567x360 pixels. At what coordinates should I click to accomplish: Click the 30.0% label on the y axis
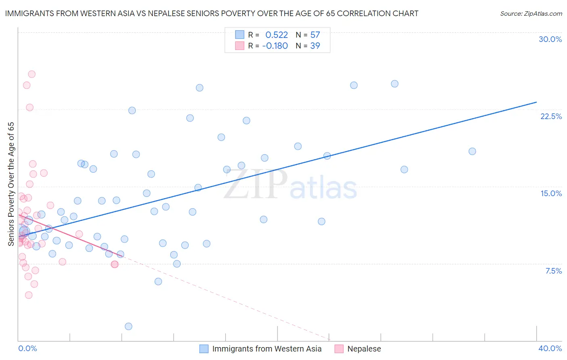(x=550, y=39)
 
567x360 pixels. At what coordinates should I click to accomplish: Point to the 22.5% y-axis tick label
(x=551, y=116)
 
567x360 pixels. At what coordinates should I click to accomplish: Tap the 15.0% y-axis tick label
(x=551, y=193)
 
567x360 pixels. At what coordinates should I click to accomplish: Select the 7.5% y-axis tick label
(x=553, y=271)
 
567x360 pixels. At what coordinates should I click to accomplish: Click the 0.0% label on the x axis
(x=27, y=348)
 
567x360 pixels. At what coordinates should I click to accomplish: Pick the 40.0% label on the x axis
(x=550, y=348)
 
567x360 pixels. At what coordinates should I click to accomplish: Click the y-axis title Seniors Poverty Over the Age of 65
(x=11, y=184)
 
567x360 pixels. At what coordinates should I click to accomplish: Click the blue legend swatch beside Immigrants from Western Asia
(x=204, y=349)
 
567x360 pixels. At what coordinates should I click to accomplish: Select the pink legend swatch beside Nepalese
(x=339, y=349)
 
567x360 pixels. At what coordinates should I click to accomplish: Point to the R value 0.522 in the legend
(x=276, y=35)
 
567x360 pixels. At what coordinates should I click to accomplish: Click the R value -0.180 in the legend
(x=275, y=46)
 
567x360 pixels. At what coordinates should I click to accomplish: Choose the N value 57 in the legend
(x=315, y=35)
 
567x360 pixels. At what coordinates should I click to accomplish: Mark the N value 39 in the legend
(x=315, y=46)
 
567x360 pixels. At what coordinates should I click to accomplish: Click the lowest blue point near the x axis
(x=128, y=326)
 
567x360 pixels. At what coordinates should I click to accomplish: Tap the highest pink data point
(x=31, y=74)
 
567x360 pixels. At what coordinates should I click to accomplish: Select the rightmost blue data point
(x=472, y=151)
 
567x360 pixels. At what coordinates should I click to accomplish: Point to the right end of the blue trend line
(x=536, y=102)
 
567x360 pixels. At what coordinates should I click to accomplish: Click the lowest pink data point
(x=29, y=295)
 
